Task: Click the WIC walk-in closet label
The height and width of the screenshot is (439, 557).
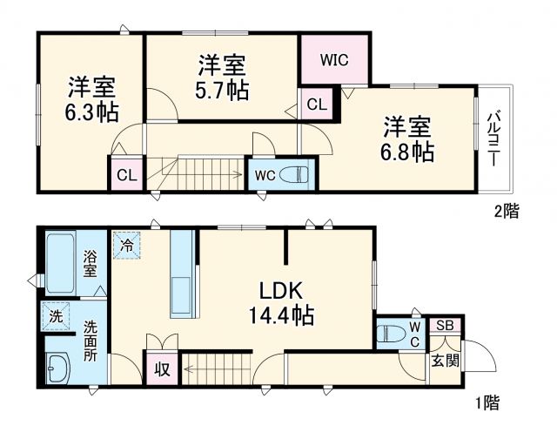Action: (334, 60)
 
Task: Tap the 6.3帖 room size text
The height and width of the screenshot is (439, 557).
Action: (92, 112)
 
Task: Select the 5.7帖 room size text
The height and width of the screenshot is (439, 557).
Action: (221, 89)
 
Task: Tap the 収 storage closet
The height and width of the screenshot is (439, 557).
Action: (161, 369)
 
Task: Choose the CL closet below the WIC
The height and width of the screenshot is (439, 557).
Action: (317, 105)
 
